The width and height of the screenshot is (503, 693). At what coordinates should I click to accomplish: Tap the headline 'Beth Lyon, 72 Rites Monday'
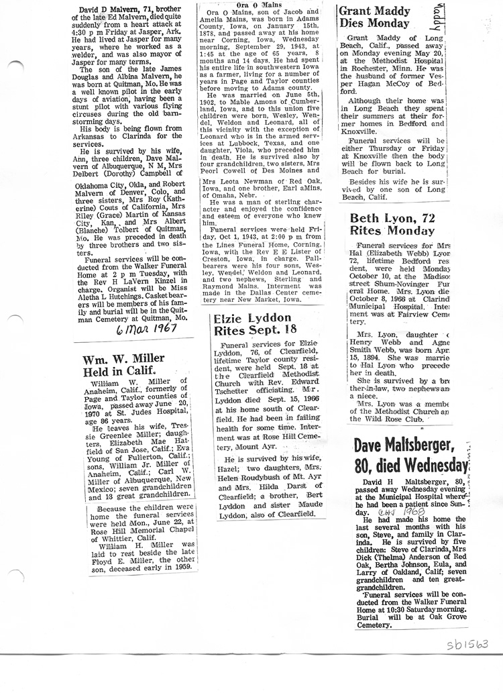392,225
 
